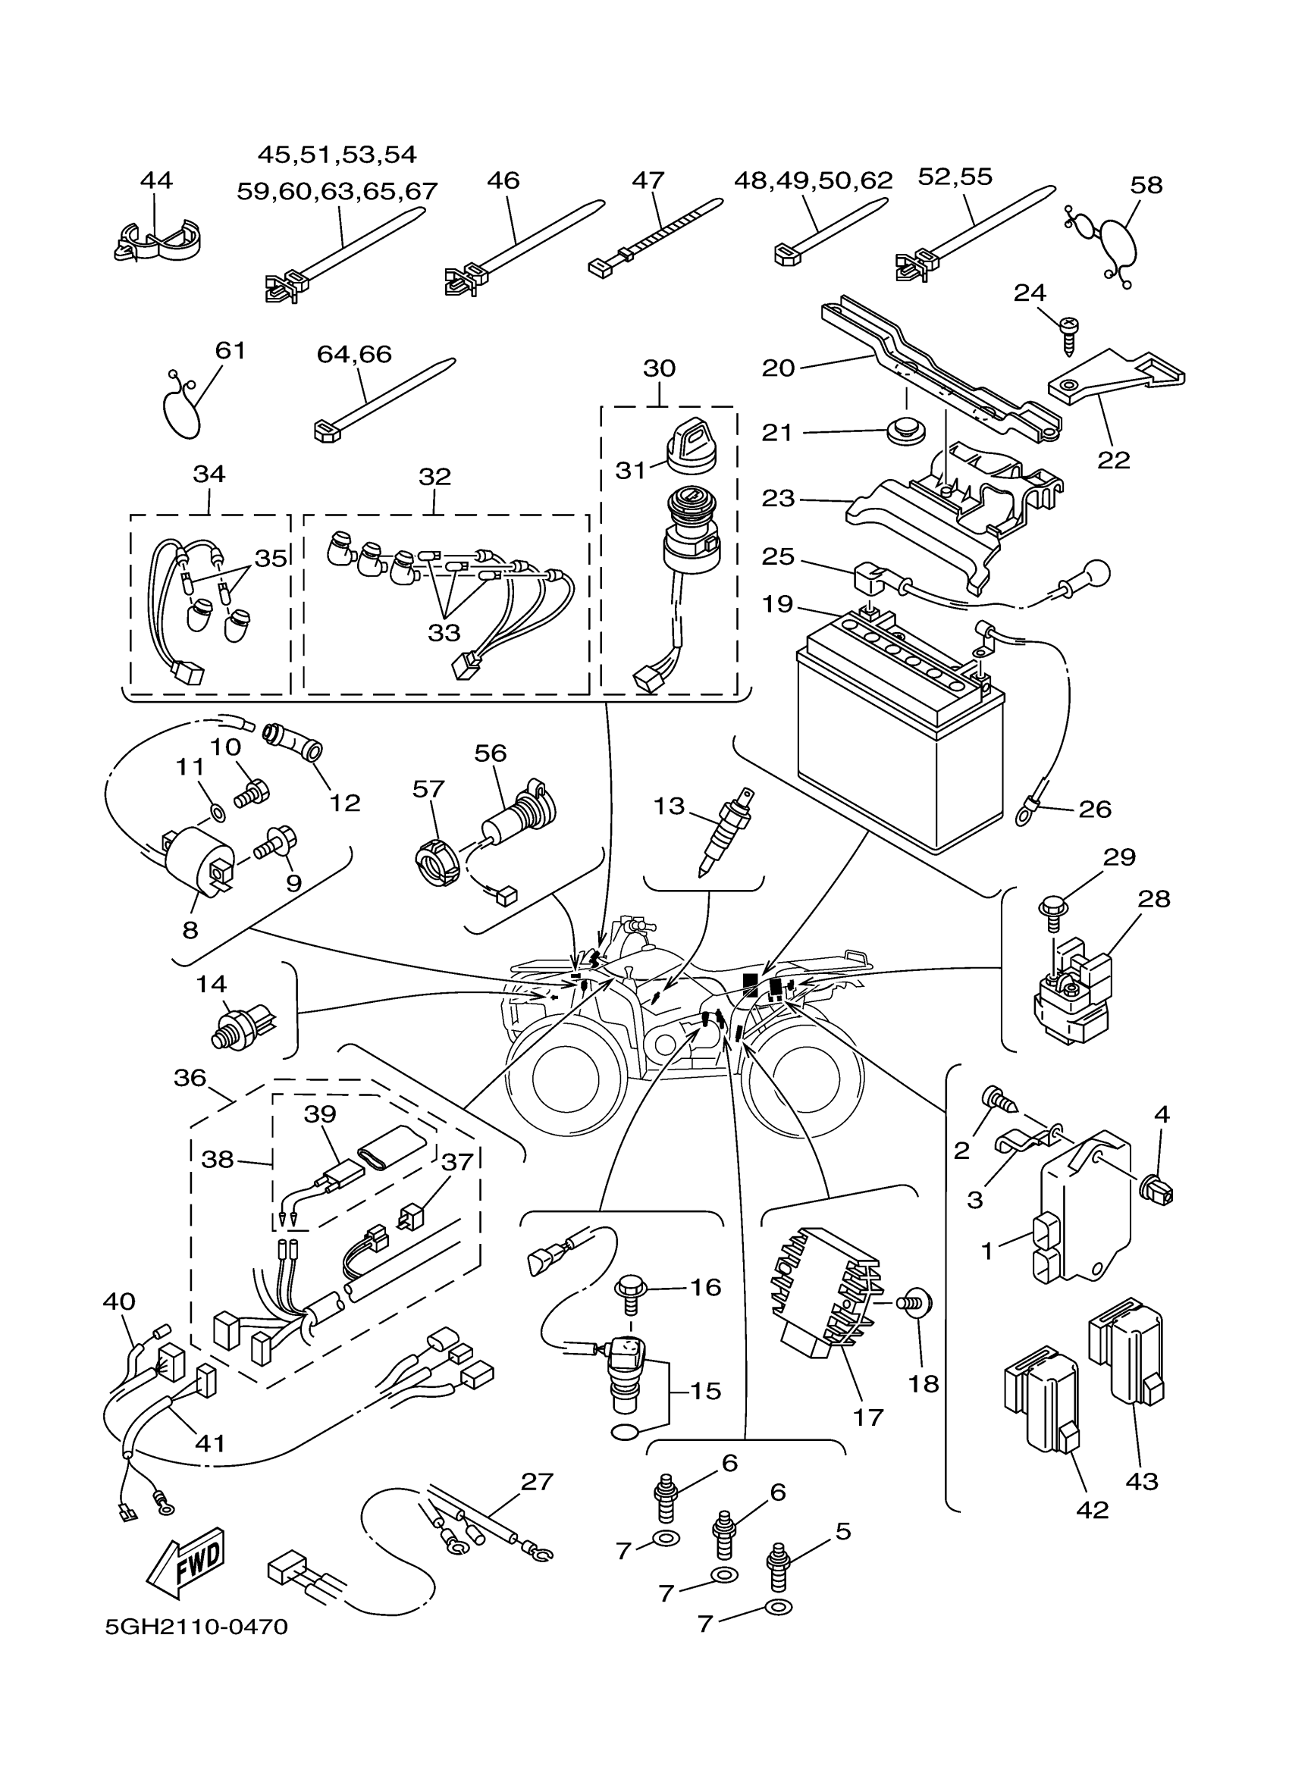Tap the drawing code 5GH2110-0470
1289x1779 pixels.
pyautogui.click(x=197, y=1627)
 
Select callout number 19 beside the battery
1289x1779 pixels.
pyautogui.click(x=777, y=604)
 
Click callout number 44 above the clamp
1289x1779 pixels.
pyautogui.click(x=156, y=180)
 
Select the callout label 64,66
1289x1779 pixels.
pyautogui.click(x=354, y=354)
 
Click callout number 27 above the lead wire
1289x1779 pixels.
pyautogui.click(x=537, y=1482)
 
